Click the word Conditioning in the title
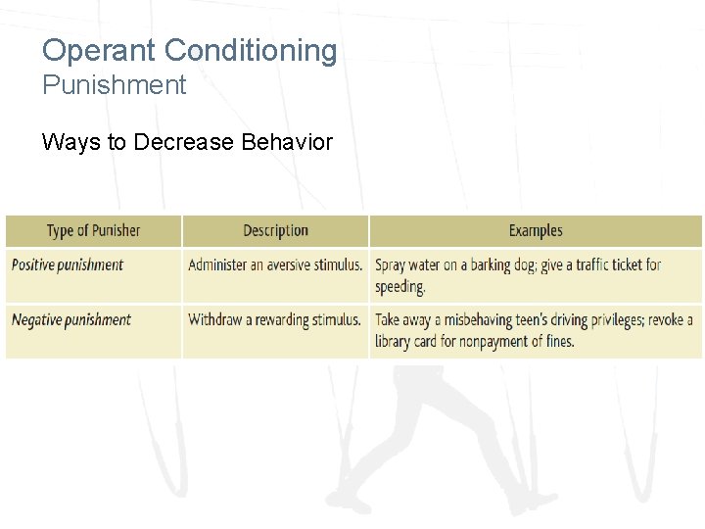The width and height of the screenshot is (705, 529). pos(251,51)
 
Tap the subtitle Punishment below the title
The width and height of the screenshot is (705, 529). pos(114,85)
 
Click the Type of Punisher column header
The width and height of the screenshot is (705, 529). pos(93,231)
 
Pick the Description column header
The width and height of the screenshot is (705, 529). pos(275,231)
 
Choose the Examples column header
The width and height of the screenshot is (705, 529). pos(536,231)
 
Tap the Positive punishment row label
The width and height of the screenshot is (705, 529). pos(68,264)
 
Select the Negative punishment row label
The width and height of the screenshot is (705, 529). pos(71,319)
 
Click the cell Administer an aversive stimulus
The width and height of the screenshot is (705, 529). pos(275,264)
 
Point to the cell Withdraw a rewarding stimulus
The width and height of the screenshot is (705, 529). pos(274,319)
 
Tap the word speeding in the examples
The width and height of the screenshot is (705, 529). pos(399,287)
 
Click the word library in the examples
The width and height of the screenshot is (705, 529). pos(398,342)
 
